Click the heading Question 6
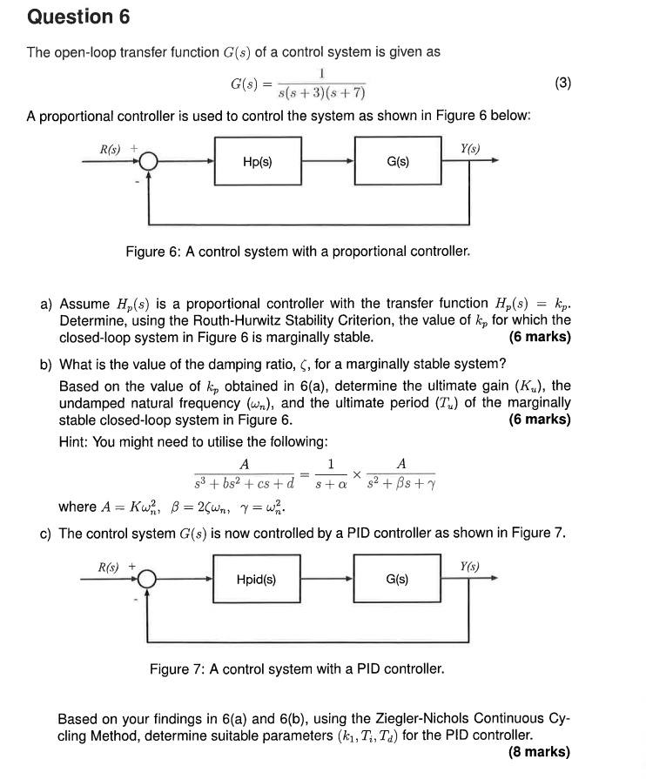[71, 17]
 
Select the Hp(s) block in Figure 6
[258, 162]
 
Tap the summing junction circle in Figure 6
[149, 162]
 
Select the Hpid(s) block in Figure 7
[258, 579]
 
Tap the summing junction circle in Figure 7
[149, 579]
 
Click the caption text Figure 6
[152, 252]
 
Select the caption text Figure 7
[176, 669]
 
